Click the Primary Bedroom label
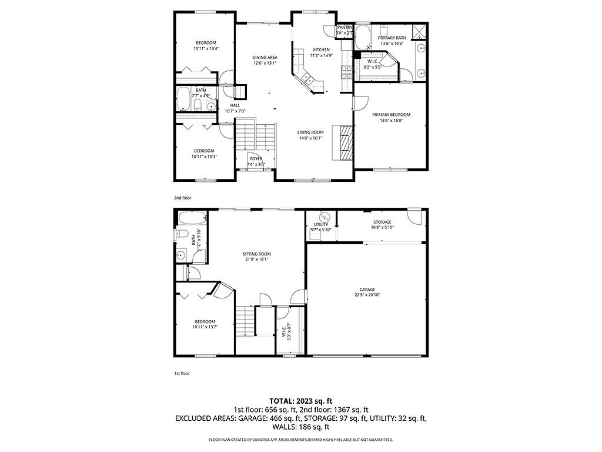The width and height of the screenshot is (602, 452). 391,115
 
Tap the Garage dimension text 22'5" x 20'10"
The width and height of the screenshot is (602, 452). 367,294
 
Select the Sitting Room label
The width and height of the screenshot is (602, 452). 257,254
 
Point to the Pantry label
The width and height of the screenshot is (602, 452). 345,28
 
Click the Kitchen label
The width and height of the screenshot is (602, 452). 321,49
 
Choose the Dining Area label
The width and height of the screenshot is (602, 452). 265,57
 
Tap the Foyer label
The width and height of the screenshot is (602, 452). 256,159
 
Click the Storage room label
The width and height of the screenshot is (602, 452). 382,222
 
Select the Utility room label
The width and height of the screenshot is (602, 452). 321,224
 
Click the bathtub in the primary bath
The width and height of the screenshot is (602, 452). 364,36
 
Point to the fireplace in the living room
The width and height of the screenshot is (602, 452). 344,142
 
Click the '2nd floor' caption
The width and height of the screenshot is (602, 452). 182,198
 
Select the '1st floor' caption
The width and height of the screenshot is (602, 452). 182,373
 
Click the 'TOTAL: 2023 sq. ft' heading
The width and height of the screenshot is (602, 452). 300,401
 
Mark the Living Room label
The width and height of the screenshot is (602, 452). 310,132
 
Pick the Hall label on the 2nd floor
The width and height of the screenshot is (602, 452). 235,105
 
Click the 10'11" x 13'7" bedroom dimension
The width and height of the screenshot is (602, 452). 205,327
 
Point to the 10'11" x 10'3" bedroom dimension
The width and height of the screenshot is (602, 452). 204,156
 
